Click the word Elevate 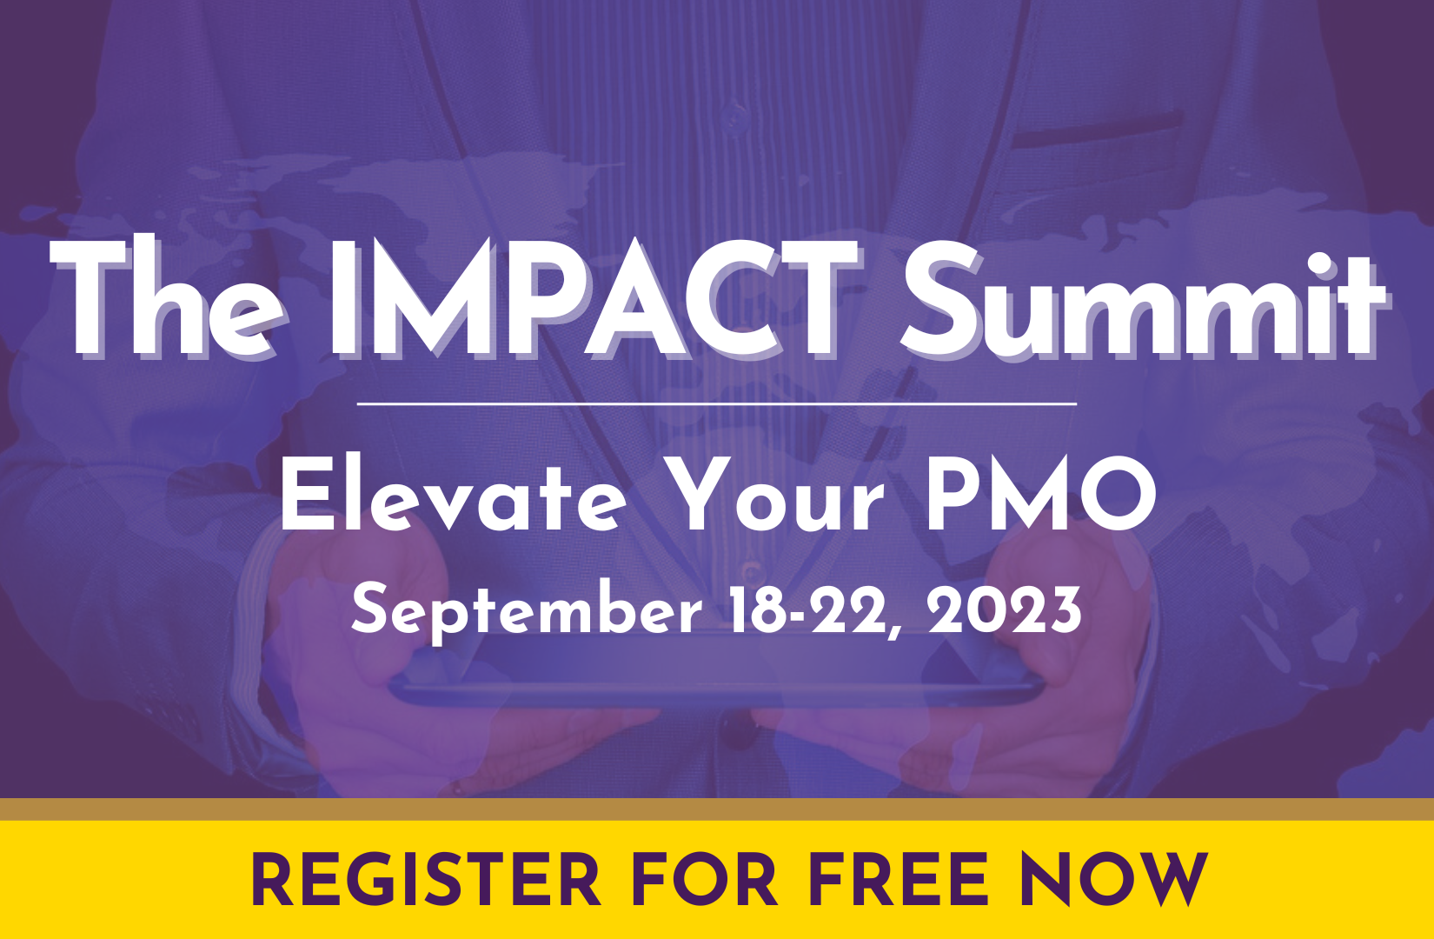(x=454, y=495)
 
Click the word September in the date (x=526, y=613)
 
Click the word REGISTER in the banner (x=425, y=879)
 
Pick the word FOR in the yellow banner (x=704, y=879)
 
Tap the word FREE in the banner (x=899, y=879)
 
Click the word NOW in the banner (x=1114, y=879)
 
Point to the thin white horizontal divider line (x=716, y=404)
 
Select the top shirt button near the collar (x=733, y=117)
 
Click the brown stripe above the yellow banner (x=717, y=809)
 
